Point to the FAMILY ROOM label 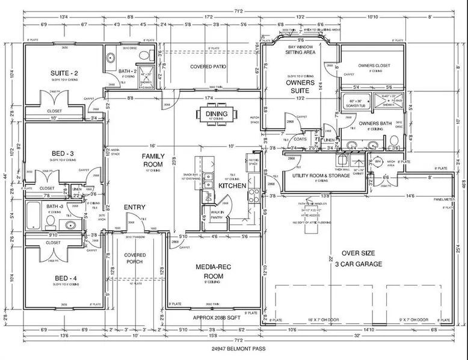tap(153, 160)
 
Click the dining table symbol tap(216, 115)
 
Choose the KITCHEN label tap(232, 186)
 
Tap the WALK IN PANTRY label tap(217, 215)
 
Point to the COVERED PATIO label tap(208, 66)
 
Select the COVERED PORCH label tap(135, 259)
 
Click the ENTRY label tap(135, 207)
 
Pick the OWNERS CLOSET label tap(374, 65)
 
